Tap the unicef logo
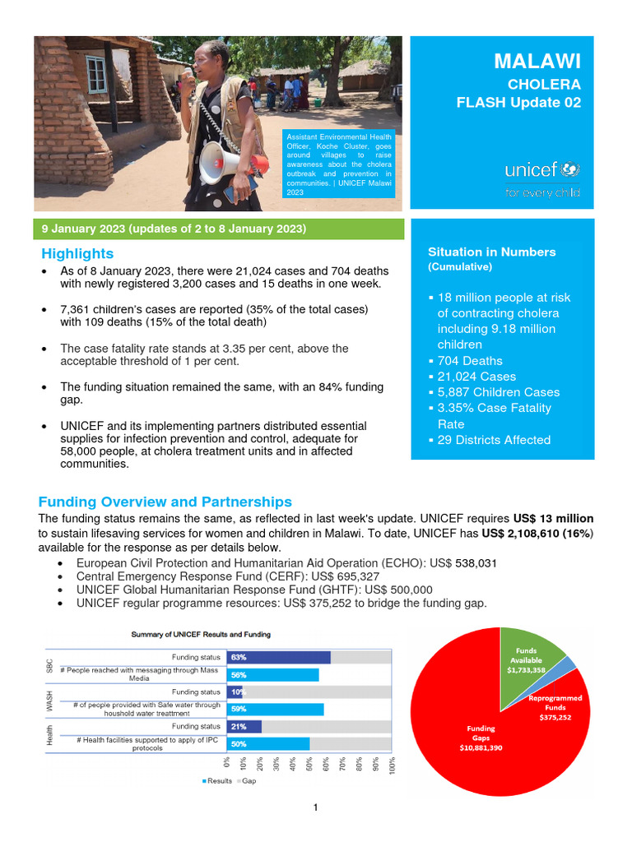[541, 172]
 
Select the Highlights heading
[77, 254]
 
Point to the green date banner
[218, 228]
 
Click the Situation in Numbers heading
[491, 252]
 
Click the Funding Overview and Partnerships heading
[165, 502]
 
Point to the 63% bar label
[239, 657]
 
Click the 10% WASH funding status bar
[236, 692]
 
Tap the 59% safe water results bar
[277, 709]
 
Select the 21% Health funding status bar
[245, 726]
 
